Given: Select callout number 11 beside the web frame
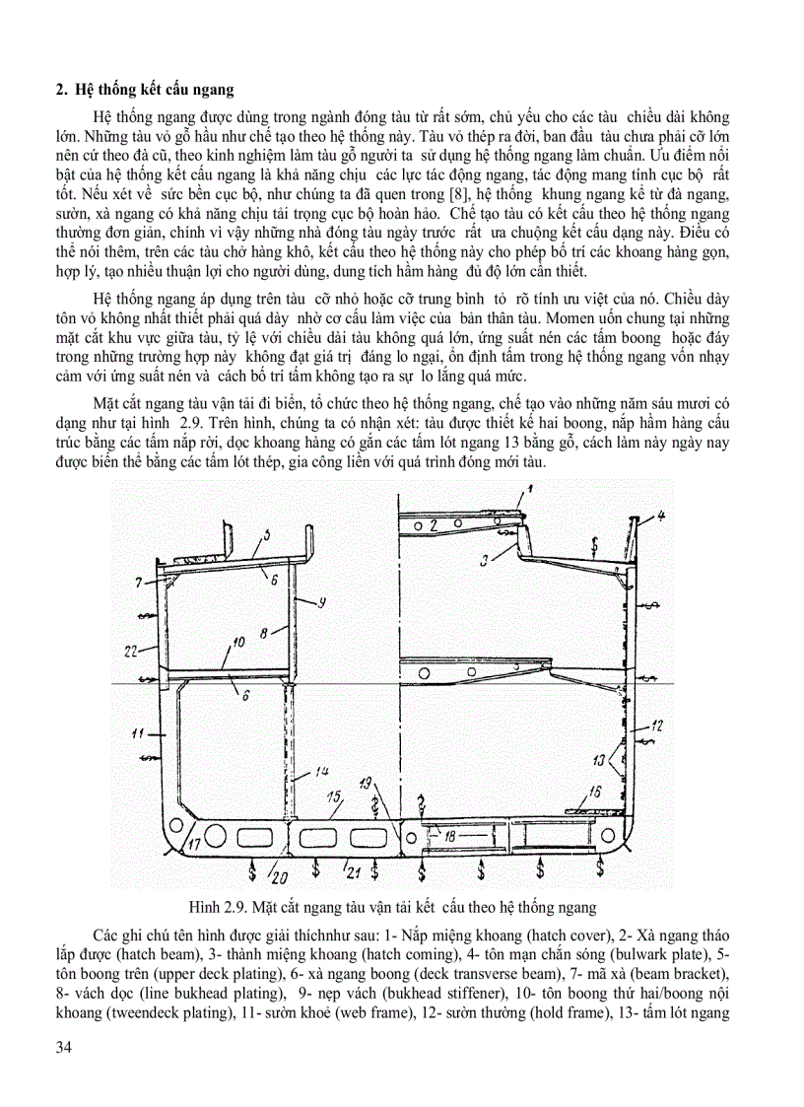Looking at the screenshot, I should (137, 733).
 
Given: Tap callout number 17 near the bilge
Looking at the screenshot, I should (194, 844).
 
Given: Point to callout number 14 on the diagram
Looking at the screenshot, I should (321, 771).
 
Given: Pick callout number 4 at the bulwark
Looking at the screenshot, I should (662, 515).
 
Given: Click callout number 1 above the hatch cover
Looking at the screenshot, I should (528, 488).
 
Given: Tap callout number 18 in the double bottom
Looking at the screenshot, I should (449, 836).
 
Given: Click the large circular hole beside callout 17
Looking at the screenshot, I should (176, 825).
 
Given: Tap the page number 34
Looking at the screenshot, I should (64, 1073).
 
